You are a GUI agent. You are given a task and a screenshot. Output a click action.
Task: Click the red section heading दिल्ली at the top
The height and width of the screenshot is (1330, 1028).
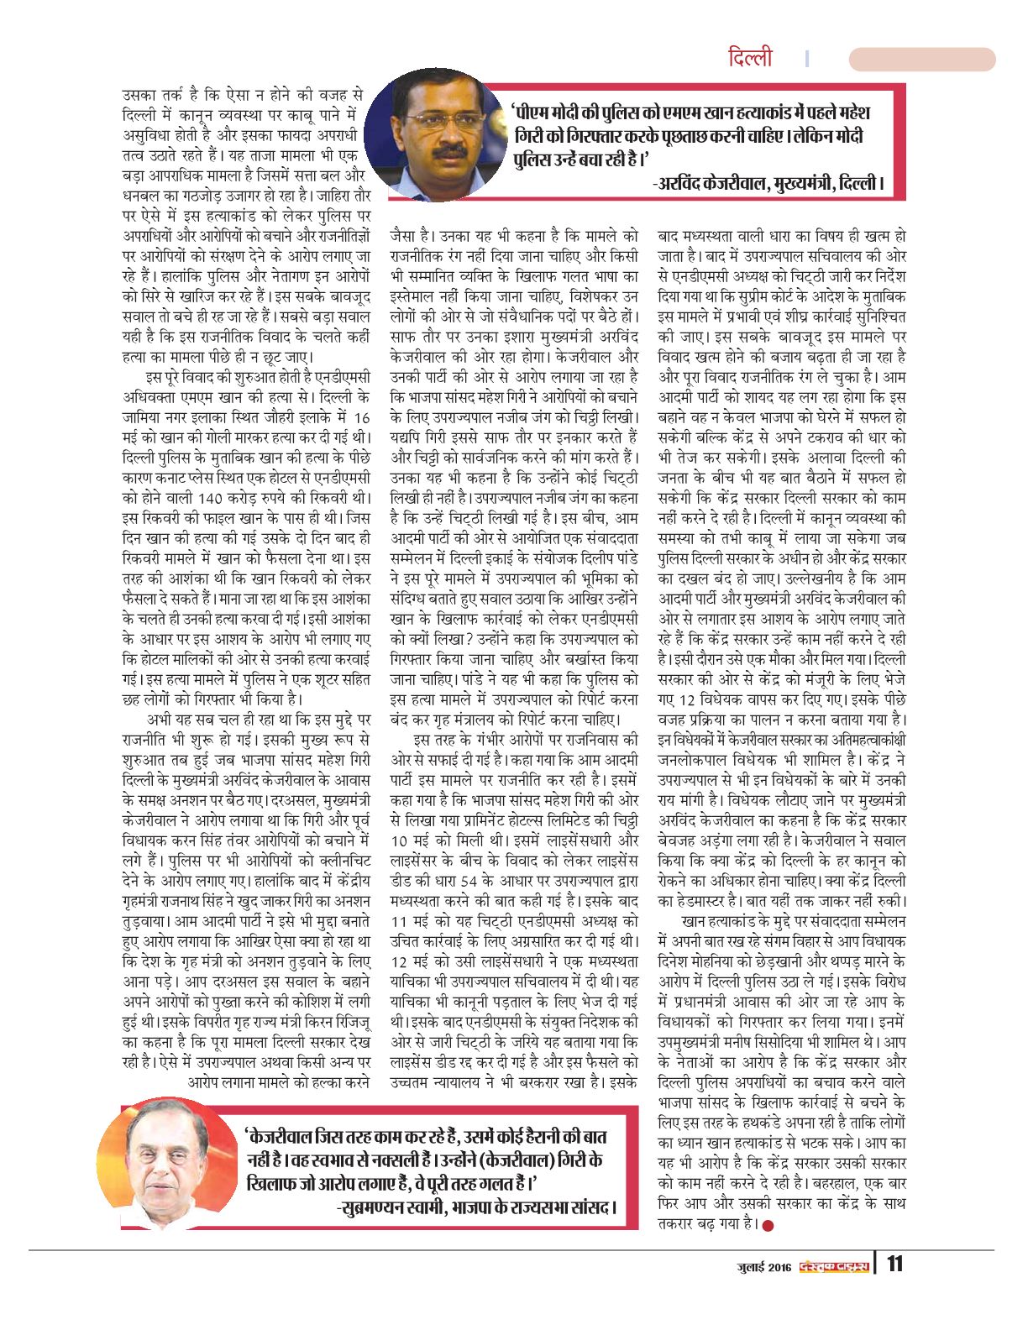(750, 59)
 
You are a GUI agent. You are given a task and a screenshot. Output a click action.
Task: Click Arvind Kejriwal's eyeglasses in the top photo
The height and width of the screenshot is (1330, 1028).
(438, 120)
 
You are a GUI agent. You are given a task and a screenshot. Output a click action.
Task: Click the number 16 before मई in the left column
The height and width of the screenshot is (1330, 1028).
(361, 417)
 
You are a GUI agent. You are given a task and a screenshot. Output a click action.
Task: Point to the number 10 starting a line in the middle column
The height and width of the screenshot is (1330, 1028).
(401, 840)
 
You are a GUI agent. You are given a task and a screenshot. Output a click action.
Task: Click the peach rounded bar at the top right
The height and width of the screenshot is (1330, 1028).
(921, 59)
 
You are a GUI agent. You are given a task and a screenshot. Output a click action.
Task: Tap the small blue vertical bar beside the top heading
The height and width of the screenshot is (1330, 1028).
(806, 59)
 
